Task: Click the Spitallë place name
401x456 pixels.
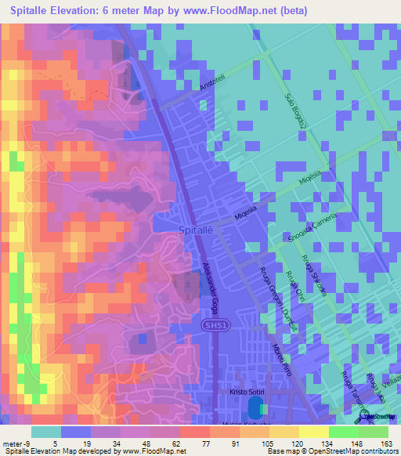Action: pyautogui.click(x=196, y=230)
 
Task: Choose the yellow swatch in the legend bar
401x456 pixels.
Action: pyautogui.click(x=312, y=432)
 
